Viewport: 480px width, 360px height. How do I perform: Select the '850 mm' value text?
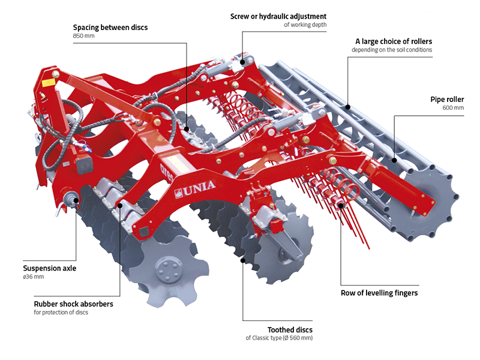tap(83, 37)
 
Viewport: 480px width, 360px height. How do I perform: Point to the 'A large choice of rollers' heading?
tap(394, 41)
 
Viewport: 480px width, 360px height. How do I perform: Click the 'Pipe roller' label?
tap(447, 99)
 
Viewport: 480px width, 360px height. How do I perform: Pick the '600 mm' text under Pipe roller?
tap(454, 108)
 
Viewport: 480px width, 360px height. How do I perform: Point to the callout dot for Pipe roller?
tap(394, 160)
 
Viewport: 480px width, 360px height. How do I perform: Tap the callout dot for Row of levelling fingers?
tap(341, 206)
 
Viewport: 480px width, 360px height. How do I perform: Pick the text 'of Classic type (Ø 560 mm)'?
tap(279, 338)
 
